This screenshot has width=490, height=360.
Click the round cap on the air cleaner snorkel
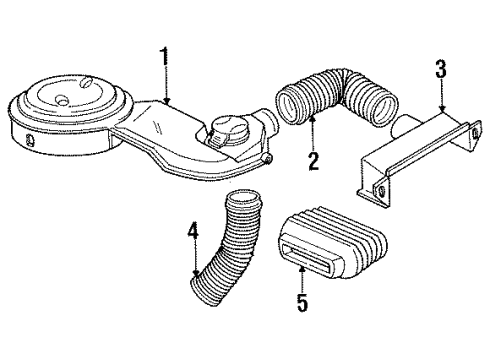tap(226, 134)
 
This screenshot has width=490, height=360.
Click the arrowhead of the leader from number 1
tap(170, 103)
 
